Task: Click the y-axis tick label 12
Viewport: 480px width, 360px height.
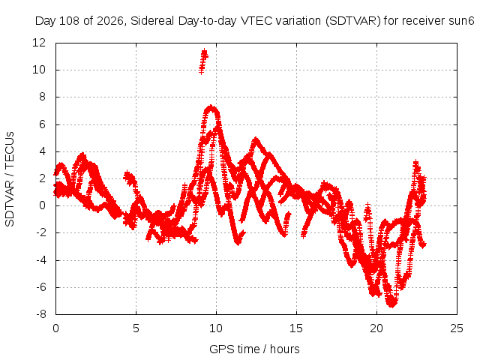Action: point(39,43)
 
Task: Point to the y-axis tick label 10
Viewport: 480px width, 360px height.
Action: point(39,70)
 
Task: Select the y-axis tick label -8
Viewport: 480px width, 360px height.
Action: point(40,314)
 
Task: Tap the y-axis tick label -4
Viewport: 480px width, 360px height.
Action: point(40,260)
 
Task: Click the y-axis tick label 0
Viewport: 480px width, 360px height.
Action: point(42,205)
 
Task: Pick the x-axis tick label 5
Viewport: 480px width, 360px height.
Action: point(136,328)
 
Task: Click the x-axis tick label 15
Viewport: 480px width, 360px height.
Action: point(296,328)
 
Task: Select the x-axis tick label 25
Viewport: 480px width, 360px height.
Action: point(457,328)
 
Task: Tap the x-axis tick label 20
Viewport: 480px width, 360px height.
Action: point(376,328)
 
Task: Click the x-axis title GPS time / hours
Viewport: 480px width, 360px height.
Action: point(254,349)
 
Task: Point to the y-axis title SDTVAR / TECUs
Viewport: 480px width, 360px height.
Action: point(10,179)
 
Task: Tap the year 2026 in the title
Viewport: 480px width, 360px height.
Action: point(110,21)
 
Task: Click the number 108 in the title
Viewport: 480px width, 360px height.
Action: point(69,21)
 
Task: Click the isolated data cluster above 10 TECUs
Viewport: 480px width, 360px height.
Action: point(203,61)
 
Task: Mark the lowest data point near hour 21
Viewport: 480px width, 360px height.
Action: point(391,305)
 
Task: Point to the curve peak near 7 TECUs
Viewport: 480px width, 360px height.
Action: point(211,107)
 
